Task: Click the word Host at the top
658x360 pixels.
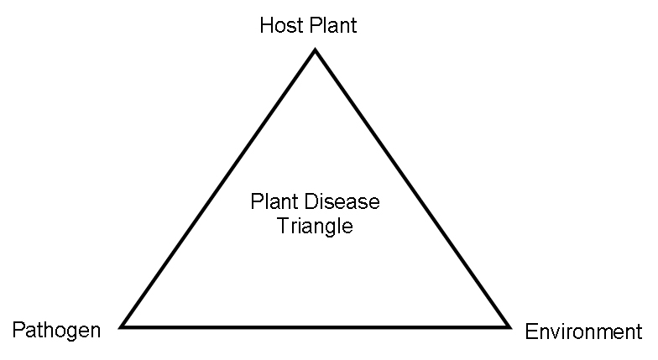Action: click(x=279, y=25)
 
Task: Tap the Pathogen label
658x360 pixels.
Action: click(x=56, y=330)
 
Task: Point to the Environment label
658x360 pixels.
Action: click(x=583, y=332)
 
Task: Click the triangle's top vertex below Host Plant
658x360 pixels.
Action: click(x=316, y=51)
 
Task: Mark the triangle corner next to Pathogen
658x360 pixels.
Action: click(x=123, y=326)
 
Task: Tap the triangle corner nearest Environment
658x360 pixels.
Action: click(x=509, y=326)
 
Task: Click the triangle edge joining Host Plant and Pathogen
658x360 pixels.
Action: click(x=219, y=188)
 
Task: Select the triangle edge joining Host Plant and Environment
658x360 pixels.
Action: click(x=412, y=188)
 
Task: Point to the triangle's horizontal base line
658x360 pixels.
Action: click(x=316, y=326)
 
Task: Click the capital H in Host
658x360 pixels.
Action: click(x=266, y=25)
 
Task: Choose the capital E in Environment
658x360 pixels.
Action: click(x=530, y=332)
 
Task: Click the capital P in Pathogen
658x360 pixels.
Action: click(x=17, y=330)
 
